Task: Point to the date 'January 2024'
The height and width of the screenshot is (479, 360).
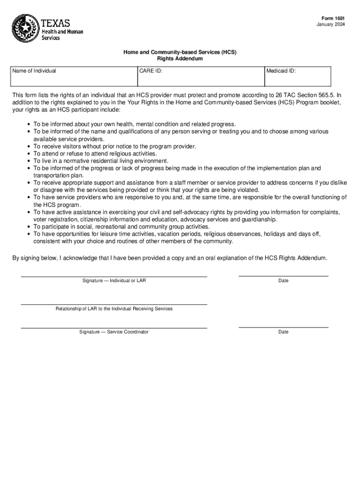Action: point(331,24)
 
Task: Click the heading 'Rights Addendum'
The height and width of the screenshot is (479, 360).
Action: point(180,59)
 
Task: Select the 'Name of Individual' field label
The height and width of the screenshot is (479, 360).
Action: point(34,71)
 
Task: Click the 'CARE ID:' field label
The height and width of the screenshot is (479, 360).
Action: point(151,71)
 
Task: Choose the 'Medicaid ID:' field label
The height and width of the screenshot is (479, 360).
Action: point(281,71)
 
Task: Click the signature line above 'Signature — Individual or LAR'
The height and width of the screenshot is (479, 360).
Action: point(114,277)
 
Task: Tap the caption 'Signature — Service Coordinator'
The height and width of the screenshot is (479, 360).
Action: point(114,332)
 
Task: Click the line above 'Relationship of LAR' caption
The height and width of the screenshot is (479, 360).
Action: point(114,305)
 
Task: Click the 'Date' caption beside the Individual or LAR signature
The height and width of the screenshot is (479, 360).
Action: point(283,281)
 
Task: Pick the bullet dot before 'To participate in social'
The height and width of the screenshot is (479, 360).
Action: point(29,227)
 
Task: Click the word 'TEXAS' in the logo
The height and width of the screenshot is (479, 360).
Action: point(56,23)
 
